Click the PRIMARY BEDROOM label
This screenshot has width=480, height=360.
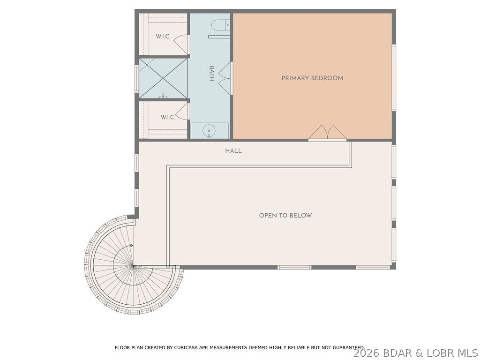(312, 78)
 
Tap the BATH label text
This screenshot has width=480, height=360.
(211, 74)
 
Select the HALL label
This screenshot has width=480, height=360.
(233, 150)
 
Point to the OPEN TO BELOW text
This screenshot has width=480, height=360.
(285, 216)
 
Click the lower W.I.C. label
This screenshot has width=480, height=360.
(168, 117)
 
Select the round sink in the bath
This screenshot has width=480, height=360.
(208, 131)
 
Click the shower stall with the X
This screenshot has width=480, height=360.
(163, 78)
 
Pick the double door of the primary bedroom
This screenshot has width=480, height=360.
(327, 133)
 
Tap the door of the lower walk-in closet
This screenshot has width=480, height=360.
(182, 111)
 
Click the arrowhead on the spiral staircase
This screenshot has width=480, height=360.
(132, 246)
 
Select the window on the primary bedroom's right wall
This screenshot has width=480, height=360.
(394, 78)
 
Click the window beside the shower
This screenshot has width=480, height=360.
(137, 78)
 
